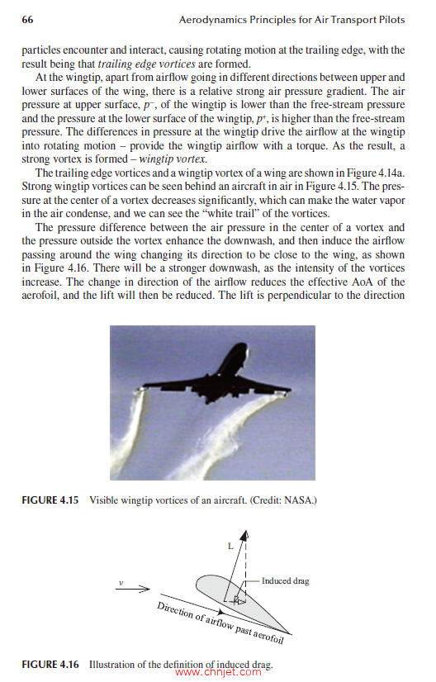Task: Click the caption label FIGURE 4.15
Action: point(50,500)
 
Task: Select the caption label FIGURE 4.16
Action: point(50,665)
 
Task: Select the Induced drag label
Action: point(285,581)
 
